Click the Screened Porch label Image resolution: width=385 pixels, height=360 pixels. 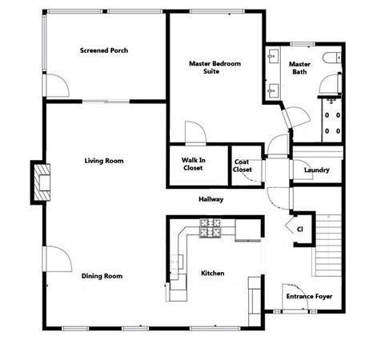tap(104, 50)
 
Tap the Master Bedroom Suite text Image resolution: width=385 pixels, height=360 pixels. tap(215, 67)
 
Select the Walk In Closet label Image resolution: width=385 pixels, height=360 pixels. tap(193, 164)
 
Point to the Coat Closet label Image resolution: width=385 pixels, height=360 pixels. tap(243, 166)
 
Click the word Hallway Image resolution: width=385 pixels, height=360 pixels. tap(211, 199)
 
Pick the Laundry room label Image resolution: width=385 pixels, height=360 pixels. tap(317, 170)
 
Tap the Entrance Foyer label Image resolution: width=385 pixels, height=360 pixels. tap(309, 296)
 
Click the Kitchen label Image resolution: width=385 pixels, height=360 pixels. tap(212, 273)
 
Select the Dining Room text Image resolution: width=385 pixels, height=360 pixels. tap(102, 276)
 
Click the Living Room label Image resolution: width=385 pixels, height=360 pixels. tap(104, 161)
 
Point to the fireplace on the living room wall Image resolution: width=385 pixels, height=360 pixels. tap(42, 182)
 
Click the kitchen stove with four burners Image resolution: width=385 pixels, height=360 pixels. tap(211, 228)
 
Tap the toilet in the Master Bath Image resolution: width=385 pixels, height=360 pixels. tap(332, 58)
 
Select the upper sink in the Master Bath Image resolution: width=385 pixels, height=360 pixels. tap(273, 56)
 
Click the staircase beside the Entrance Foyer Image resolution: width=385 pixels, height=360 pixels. tap(327, 245)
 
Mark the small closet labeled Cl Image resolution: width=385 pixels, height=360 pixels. tap(303, 229)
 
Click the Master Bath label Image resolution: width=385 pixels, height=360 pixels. tap(299, 68)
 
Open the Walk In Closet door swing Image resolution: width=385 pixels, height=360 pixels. tap(195, 133)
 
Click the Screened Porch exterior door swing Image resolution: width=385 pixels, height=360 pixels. tap(57, 86)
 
